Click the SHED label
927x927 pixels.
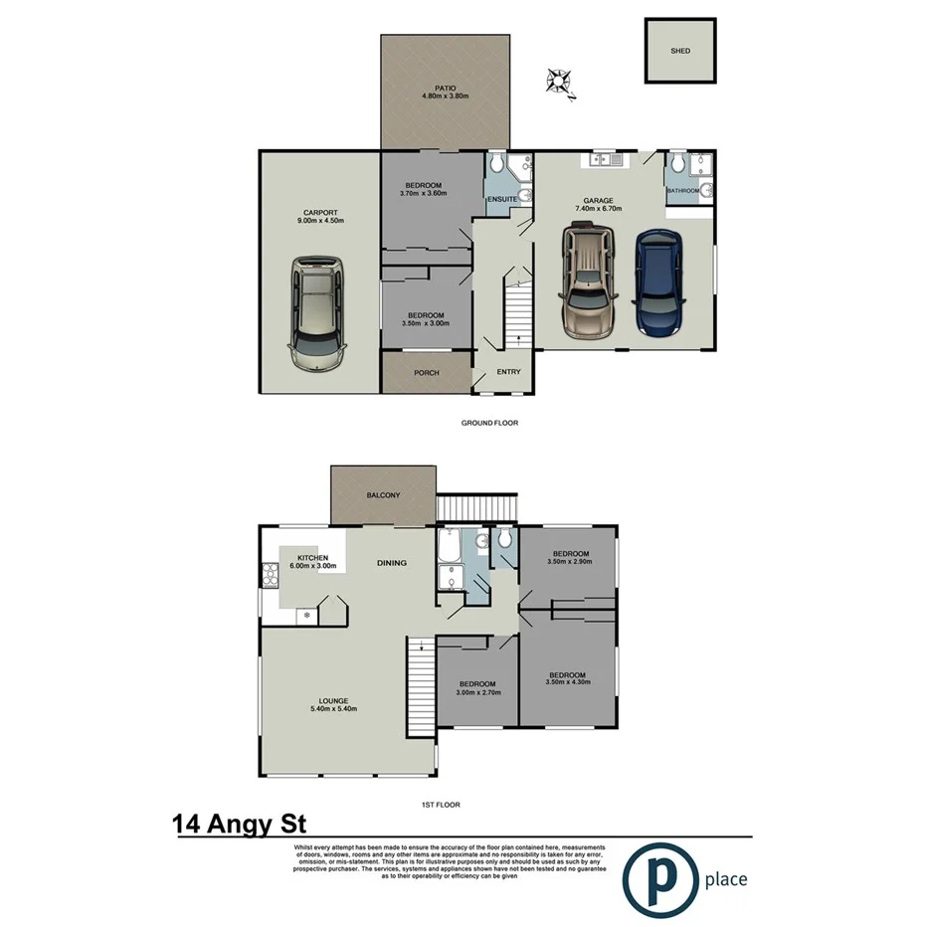pyautogui.click(x=680, y=51)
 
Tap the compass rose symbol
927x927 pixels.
pyautogui.click(x=560, y=82)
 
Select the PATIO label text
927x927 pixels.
pyautogui.click(x=445, y=88)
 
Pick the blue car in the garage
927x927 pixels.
pyautogui.click(x=657, y=282)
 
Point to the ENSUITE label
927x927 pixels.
pyautogui.click(x=502, y=200)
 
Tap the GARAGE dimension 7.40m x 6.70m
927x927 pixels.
pyautogui.click(x=598, y=210)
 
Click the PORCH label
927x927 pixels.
pyautogui.click(x=427, y=373)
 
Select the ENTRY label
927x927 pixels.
pyautogui.click(x=508, y=373)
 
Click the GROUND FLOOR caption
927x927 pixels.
pyautogui.click(x=489, y=423)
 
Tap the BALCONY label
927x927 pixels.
pyautogui.click(x=383, y=495)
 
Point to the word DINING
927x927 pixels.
pyautogui.click(x=392, y=564)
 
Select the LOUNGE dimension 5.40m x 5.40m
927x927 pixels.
pyautogui.click(x=332, y=709)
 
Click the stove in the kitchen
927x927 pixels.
pyautogui.click(x=269, y=573)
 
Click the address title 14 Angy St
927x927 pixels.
pyautogui.click(x=239, y=824)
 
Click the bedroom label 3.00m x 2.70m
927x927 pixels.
pyautogui.click(x=477, y=691)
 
